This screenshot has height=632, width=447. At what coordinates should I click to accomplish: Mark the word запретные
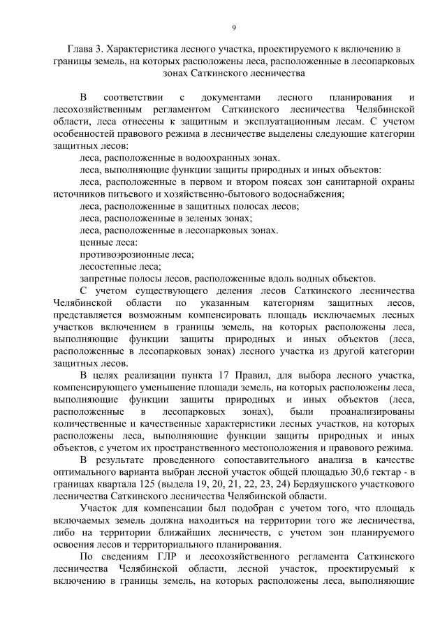pyautogui.click(x=103, y=279)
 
